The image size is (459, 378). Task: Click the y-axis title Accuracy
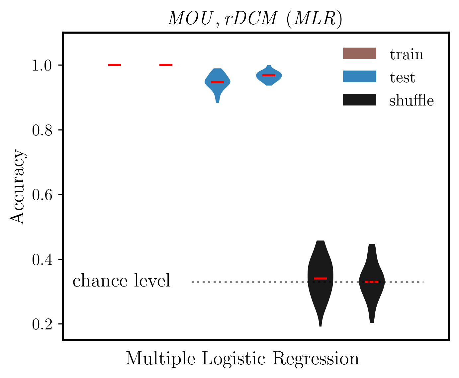pos(17,187)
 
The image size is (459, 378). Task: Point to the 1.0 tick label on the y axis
pos(42,65)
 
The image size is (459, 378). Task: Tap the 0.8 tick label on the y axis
pos(42,130)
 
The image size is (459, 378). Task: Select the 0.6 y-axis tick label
pos(42,195)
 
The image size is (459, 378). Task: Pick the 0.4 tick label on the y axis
pos(42,260)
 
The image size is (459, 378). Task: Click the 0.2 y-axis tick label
pos(42,324)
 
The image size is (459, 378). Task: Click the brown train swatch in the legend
pos(359,54)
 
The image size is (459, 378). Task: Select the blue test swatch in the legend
pos(359,77)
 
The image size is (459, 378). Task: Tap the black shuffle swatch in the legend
pos(359,100)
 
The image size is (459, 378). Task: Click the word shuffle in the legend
pos(411,100)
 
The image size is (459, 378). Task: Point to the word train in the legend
pos(407,54)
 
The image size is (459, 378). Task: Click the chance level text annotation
pos(122,281)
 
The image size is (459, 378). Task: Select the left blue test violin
pos(218,83)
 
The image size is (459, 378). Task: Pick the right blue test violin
pos(269,76)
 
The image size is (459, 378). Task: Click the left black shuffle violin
pos(320,283)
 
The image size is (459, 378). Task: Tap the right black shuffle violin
pos(372,283)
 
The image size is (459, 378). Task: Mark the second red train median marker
pos(166,65)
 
